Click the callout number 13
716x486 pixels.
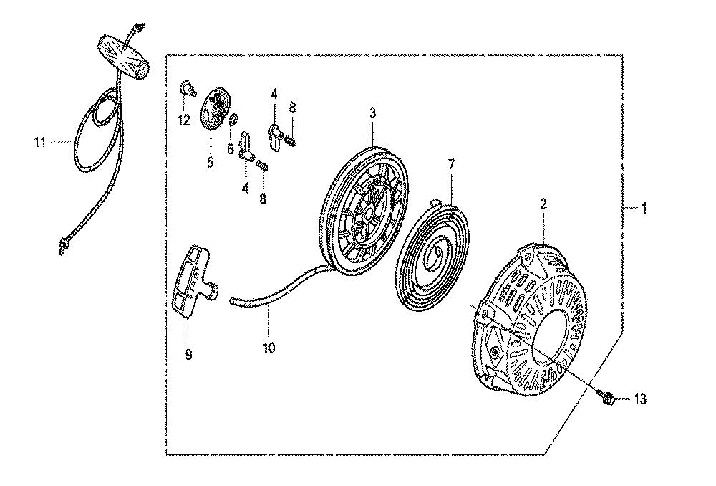coord(640,399)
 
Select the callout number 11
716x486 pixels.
coord(39,142)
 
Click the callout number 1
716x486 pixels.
coord(644,209)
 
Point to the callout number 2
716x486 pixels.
coord(543,204)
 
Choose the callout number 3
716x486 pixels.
coord(372,113)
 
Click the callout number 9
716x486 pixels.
coord(188,354)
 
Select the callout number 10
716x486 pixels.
coord(269,348)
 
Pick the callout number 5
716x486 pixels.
coord(210,162)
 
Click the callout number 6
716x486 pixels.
coord(230,148)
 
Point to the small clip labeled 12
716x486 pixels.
coord(186,87)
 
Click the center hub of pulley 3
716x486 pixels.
coord(367,213)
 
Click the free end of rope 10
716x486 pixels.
coord(231,300)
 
